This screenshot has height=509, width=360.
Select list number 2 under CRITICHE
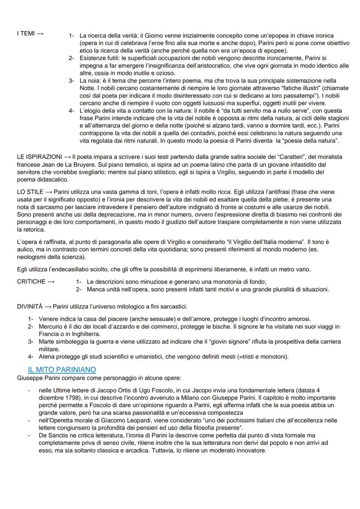click(x=79, y=289)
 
